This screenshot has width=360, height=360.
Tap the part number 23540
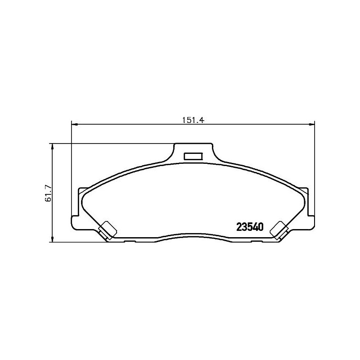point(250,227)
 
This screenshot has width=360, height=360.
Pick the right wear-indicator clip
point(279,230)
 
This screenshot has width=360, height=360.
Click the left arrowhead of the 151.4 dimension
point(75,124)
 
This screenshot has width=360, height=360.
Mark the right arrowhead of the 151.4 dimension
point(311,124)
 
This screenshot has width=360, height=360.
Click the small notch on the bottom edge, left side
point(129,242)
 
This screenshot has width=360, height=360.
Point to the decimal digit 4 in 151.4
point(202,120)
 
